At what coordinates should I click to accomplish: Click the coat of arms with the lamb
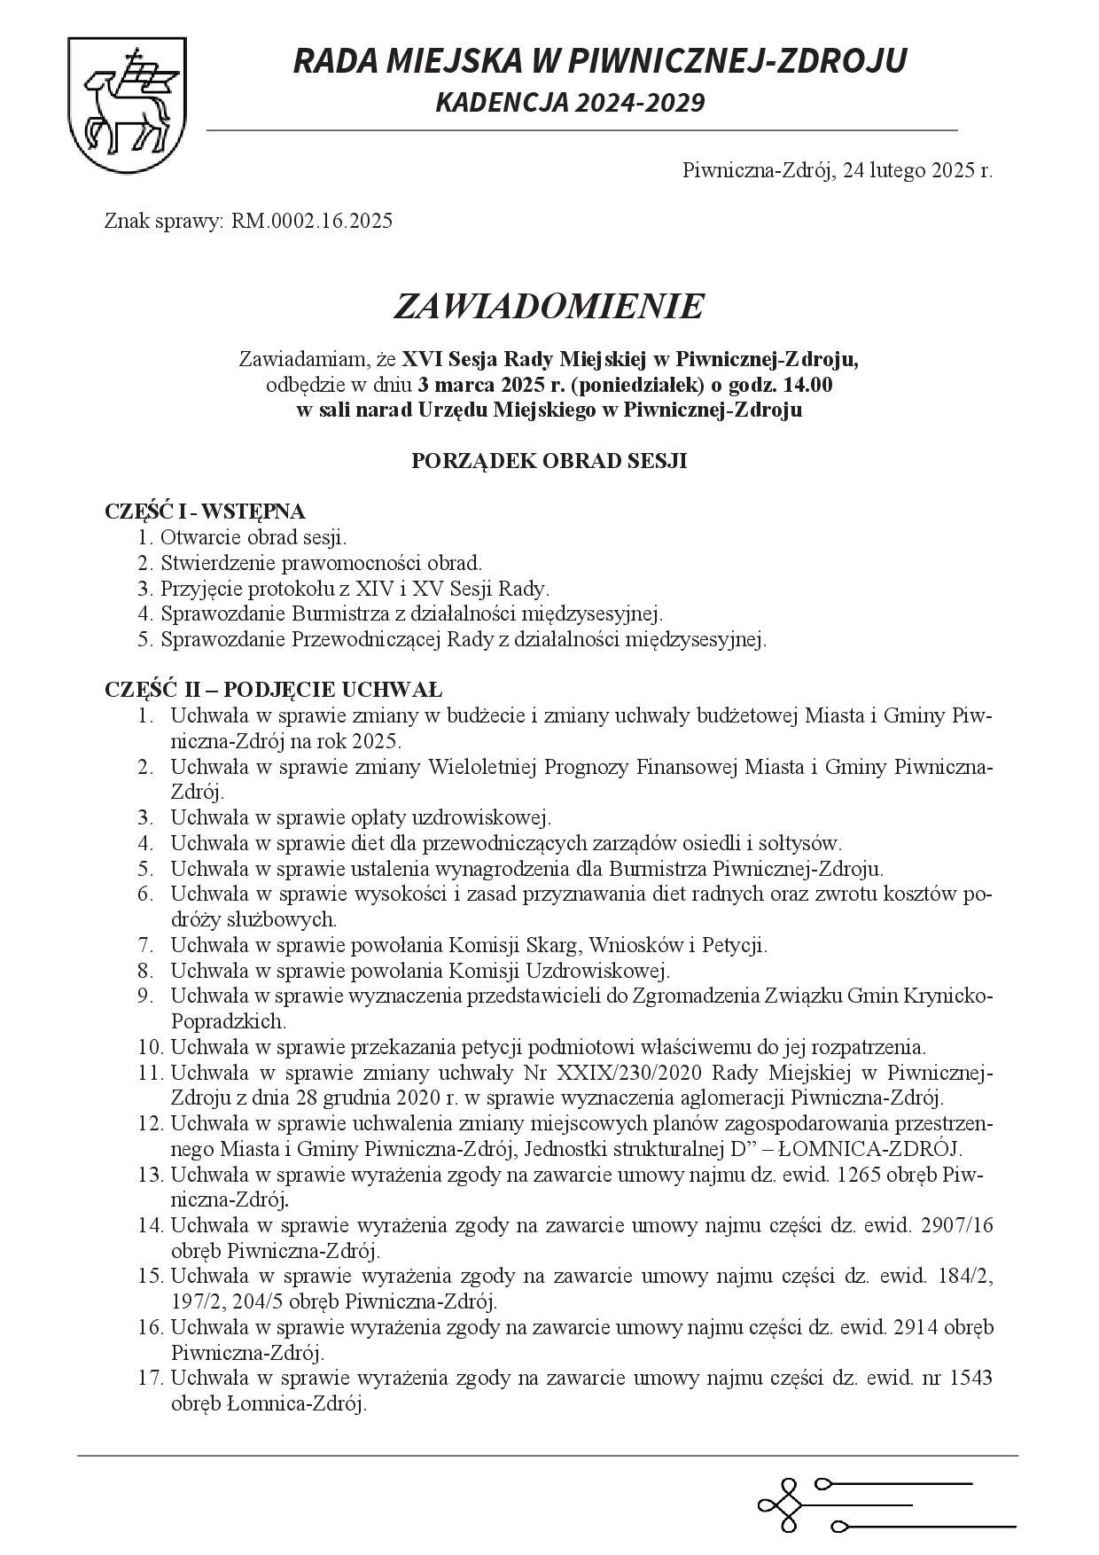127,105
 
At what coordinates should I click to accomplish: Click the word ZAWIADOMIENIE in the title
549,307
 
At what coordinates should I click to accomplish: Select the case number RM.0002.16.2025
312,221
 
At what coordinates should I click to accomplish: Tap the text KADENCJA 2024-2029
570,103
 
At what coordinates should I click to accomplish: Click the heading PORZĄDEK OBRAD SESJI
549,461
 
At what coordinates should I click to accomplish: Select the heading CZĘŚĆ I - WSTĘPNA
205,512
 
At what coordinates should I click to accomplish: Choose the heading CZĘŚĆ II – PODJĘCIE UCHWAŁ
274,690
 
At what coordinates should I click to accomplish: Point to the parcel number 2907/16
957,1226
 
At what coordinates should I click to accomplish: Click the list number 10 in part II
149,1047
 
